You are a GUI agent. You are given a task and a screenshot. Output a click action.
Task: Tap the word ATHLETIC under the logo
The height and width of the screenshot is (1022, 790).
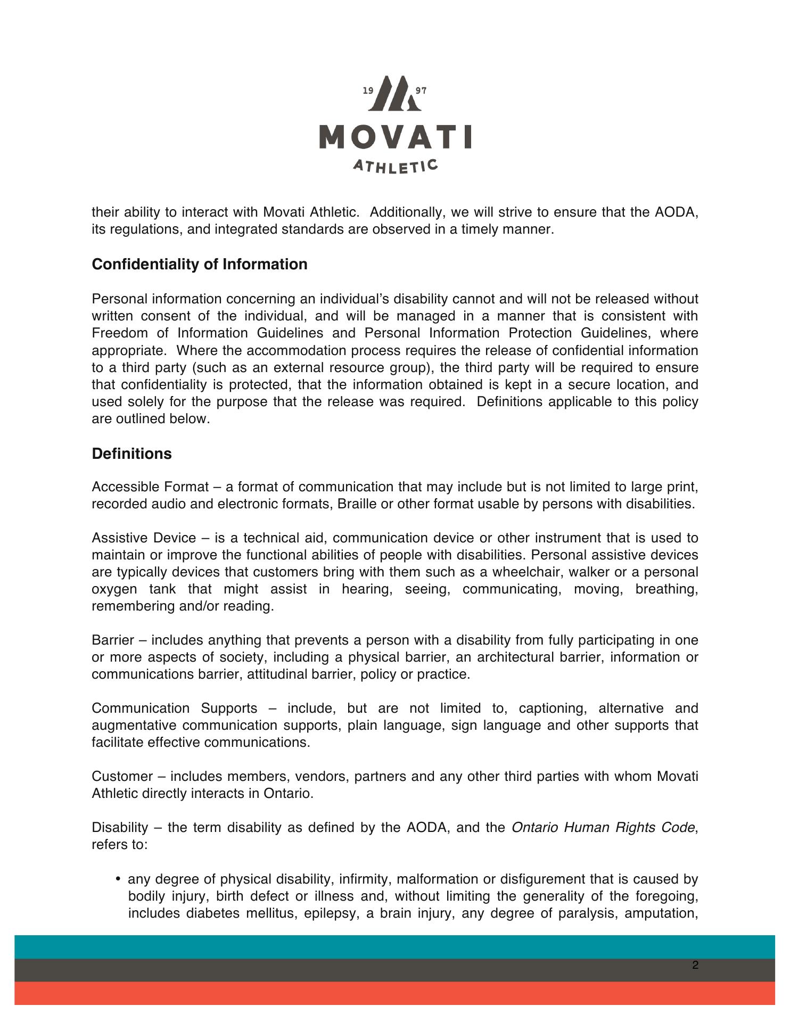pyautogui.click(x=396, y=166)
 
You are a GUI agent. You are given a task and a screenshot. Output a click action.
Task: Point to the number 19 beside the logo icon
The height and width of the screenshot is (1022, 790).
pyautogui.click(x=368, y=91)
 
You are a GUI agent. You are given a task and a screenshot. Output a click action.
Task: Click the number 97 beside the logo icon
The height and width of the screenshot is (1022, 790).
pyautogui.click(x=421, y=91)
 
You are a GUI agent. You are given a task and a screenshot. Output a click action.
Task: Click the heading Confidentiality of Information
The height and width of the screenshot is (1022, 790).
pyautogui.click(x=200, y=265)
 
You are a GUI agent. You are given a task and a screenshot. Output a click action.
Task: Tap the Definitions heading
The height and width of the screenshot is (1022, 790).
pyautogui.click(x=132, y=454)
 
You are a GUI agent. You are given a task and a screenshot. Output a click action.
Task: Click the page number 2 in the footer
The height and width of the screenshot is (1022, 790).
pyautogui.click(x=695, y=966)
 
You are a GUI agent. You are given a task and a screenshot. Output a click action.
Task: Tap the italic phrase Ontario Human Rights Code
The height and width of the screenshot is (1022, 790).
pyautogui.click(x=603, y=828)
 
